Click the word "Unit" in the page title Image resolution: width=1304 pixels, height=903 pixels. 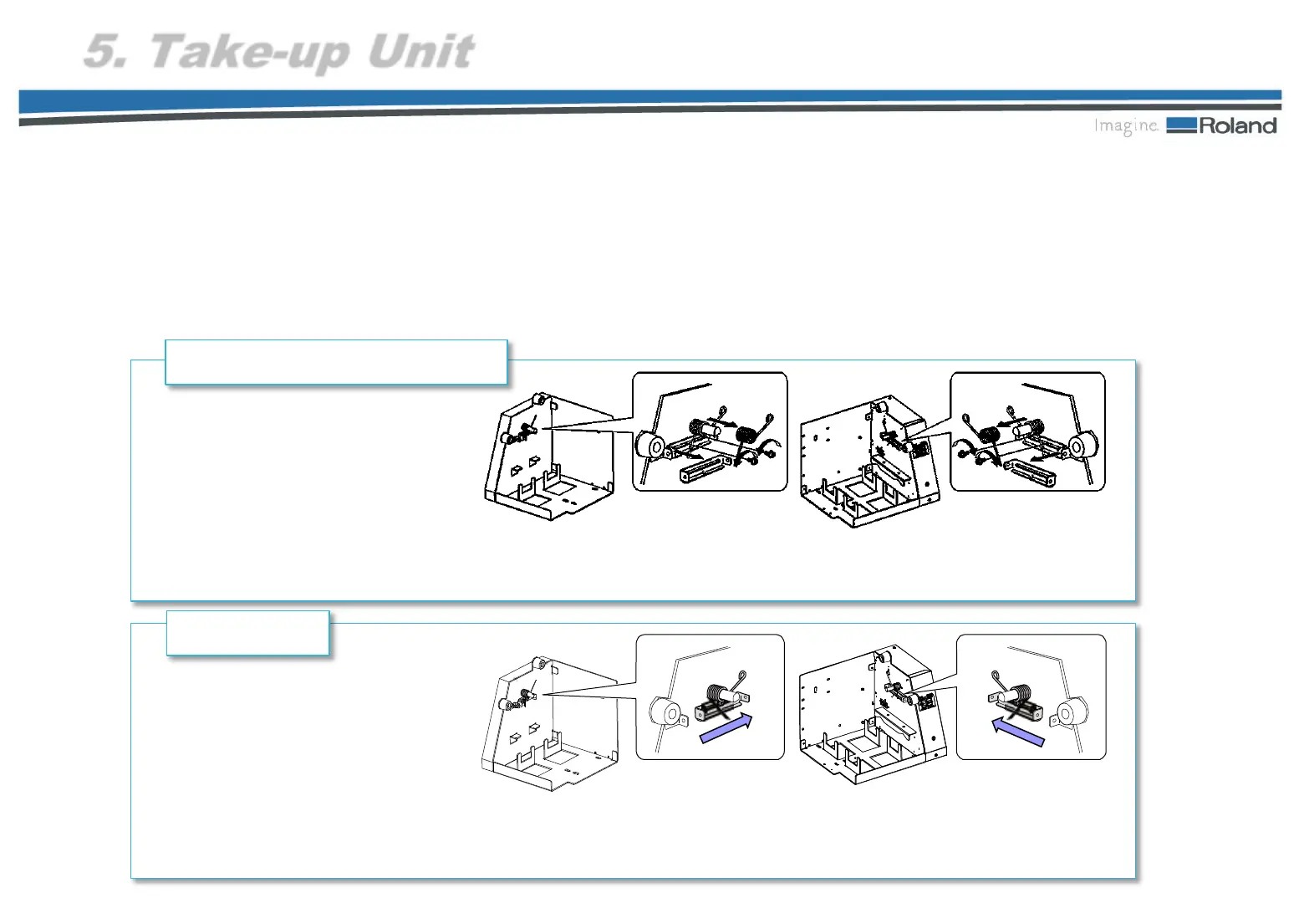coord(421,52)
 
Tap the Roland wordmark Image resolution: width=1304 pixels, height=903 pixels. coord(1238,126)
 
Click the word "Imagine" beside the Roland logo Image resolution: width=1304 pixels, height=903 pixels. coord(1126,126)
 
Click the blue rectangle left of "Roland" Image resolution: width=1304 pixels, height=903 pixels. coord(1181,125)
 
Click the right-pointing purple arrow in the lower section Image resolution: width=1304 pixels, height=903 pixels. coord(726,728)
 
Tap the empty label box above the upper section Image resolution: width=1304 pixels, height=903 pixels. coord(336,362)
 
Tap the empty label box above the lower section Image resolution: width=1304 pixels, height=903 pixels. coord(247,633)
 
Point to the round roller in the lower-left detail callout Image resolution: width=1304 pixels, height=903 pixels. coord(667,713)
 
